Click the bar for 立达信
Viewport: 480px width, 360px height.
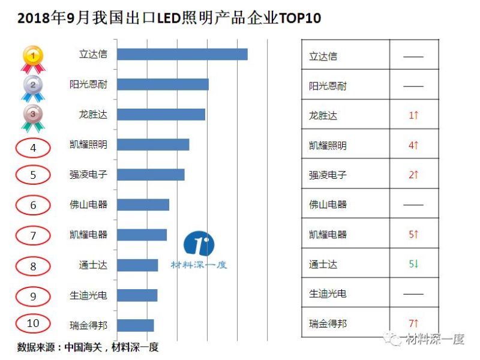click(x=182, y=54)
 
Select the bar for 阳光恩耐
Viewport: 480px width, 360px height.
click(x=163, y=84)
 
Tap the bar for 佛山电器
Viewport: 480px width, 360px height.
click(x=143, y=205)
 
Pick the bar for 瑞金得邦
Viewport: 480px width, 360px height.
click(x=135, y=325)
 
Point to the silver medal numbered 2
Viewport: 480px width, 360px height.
click(x=33, y=87)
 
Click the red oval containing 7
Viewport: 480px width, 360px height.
click(x=33, y=235)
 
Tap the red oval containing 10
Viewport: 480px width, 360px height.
click(x=33, y=323)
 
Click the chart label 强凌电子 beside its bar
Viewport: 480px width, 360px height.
click(x=88, y=175)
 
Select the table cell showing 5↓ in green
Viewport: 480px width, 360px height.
click(x=413, y=264)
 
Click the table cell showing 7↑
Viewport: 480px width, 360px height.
click(x=413, y=324)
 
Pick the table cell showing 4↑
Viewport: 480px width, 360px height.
click(x=413, y=145)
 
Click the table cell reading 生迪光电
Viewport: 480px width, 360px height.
click(x=328, y=294)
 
